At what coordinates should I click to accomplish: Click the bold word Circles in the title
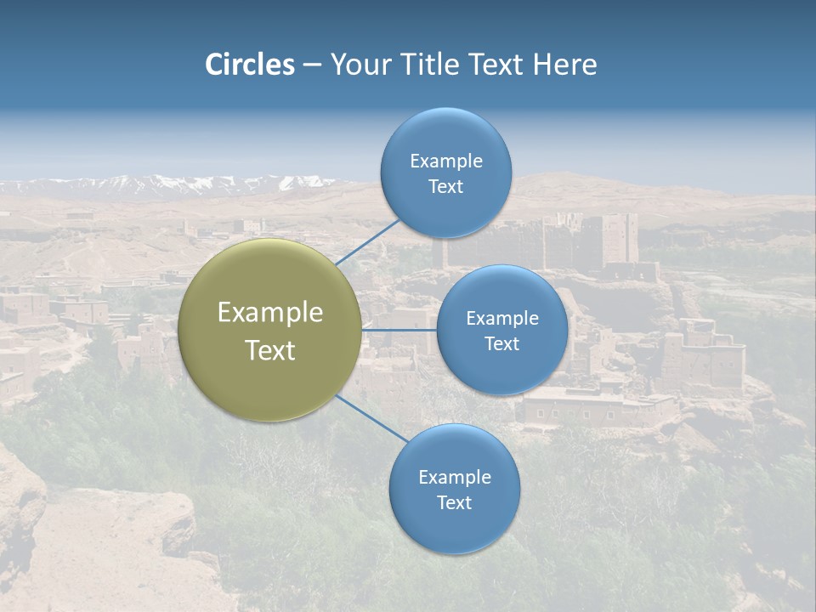pos(250,65)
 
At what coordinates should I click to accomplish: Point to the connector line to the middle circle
pos(399,330)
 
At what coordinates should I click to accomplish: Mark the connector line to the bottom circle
pos(371,418)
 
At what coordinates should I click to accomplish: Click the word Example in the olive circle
pos(270,313)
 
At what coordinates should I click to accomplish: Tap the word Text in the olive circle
pos(270,350)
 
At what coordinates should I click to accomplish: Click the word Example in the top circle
pos(445,161)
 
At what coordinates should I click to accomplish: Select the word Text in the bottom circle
pos(454,502)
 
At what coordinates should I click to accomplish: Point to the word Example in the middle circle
pos(501,319)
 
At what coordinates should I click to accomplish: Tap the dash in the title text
pos(311,65)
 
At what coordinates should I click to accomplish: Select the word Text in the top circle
pos(445,187)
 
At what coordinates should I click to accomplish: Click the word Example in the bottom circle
pos(454,477)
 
